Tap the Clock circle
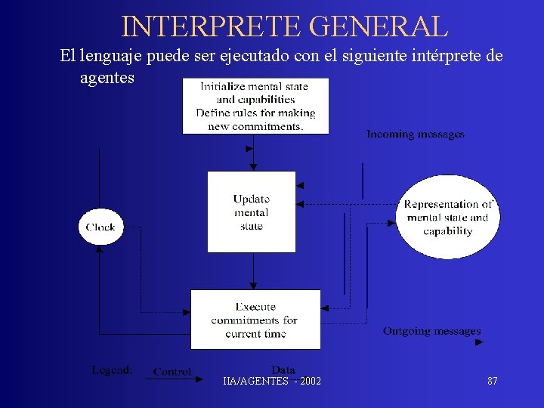coord(100,227)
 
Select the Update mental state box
coord(252,212)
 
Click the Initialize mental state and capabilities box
coord(255,106)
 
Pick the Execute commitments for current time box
coord(255,320)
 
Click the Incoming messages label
coord(416,134)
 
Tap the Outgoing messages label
coord(431,331)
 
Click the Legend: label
coord(112,370)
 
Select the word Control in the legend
coord(172,372)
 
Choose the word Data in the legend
coord(283,369)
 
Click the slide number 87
coord(493,381)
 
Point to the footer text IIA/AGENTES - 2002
coord(272,381)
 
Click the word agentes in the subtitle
coord(107,78)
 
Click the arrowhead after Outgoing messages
coord(479,342)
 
